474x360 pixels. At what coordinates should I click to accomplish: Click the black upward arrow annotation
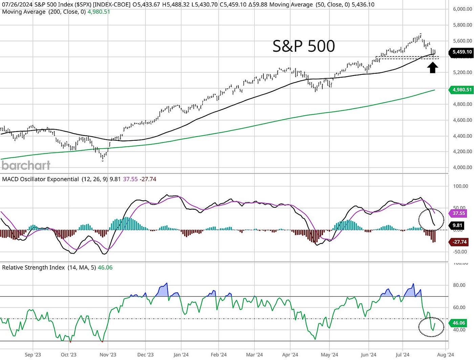pos(432,67)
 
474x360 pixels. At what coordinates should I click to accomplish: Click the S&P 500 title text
pos(304,46)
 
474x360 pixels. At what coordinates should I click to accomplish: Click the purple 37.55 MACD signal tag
pos(459,213)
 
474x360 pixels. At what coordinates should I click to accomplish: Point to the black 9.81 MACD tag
pos(457,225)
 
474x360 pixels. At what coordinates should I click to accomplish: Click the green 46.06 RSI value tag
pos(459,323)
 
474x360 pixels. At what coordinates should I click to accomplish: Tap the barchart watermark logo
pos(26,165)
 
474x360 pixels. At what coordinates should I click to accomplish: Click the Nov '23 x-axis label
pos(108,355)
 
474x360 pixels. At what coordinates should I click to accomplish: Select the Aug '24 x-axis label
pos(446,355)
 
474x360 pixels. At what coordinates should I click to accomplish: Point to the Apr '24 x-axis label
pos(290,355)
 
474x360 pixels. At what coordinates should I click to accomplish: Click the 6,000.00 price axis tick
pos(462,9)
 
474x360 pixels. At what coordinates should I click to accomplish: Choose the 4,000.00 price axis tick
pos(462,167)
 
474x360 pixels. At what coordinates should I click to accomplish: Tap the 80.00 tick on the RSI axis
pos(459,285)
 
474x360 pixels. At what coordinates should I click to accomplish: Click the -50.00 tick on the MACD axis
pos(460,252)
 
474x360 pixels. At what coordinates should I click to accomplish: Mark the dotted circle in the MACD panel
pos(431,220)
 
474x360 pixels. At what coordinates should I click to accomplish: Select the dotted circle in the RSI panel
pos(431,327)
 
